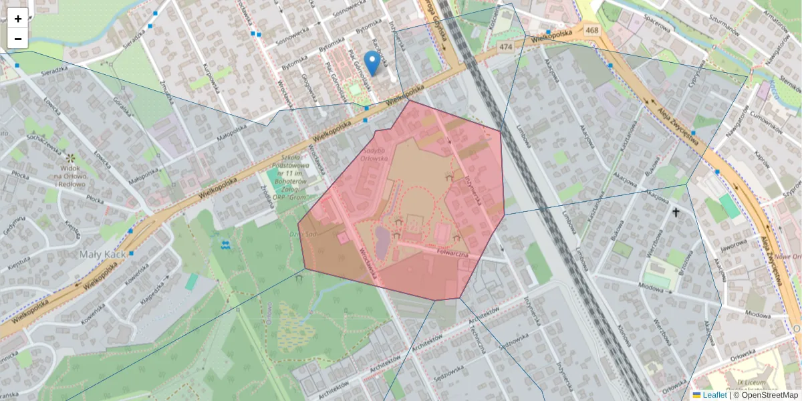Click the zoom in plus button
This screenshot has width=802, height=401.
point(18,19)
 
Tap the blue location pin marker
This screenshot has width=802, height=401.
point(373,62)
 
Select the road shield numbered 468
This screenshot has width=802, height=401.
point(591,30)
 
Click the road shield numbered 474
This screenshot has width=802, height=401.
point(505,47)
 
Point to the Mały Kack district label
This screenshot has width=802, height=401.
point(100,255)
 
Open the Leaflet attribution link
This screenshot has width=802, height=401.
point(714,395)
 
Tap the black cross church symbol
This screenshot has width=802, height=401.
point(676,213)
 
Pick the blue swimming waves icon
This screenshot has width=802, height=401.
point(225,244)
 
